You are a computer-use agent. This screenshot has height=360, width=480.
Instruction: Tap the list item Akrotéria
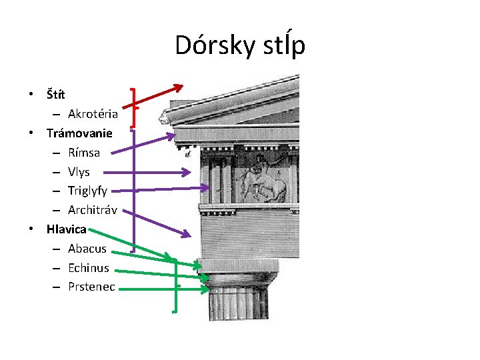pos(93,114)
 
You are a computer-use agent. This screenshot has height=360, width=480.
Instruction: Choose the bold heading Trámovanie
pos(79,133)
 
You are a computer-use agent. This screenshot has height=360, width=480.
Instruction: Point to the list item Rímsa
pos(84,153)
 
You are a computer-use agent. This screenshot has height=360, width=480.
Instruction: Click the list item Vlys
pos(79,172)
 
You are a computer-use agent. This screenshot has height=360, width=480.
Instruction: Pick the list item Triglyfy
pos(87,191)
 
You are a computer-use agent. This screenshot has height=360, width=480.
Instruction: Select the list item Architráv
pos(93,211)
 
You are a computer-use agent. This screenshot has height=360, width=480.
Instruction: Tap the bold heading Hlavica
pos(67,229)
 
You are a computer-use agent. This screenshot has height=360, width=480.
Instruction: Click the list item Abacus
pos(87,249)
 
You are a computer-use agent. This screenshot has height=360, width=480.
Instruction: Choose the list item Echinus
pos(89,268)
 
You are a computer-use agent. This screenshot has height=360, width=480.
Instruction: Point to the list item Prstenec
pos(91,287)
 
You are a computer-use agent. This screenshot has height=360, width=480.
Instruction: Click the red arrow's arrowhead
pos(179,87)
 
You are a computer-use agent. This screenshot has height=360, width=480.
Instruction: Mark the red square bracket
pos(135,106)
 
